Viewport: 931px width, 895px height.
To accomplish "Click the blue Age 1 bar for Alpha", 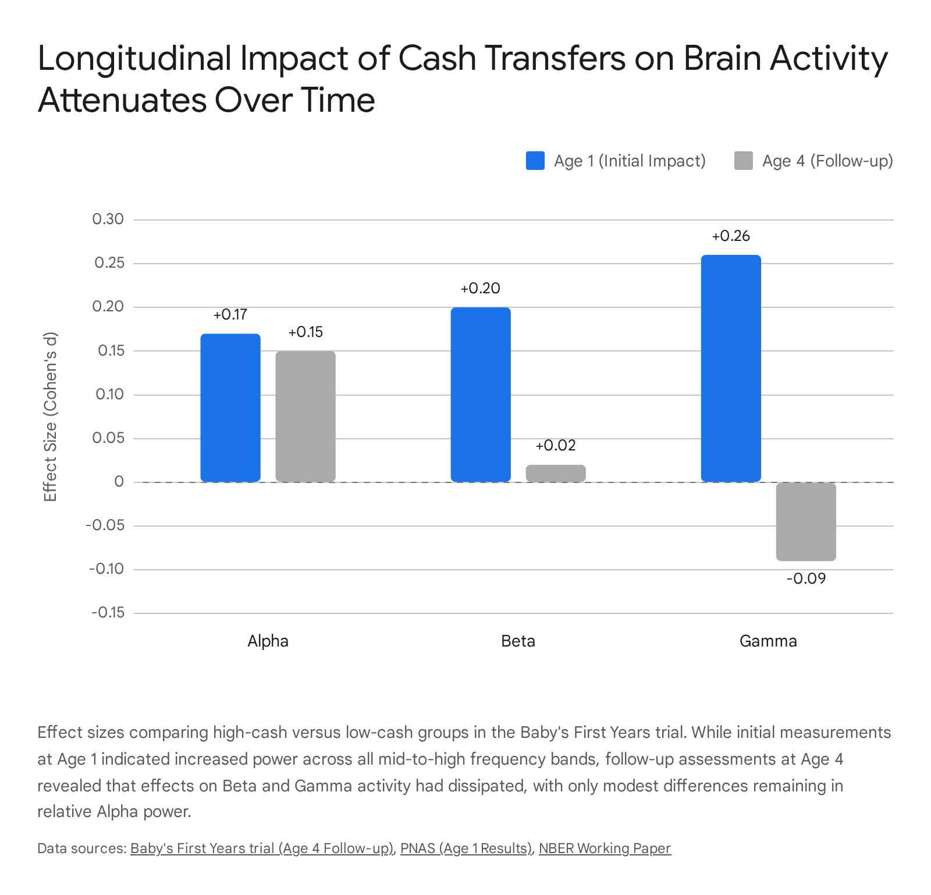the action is (230, 407).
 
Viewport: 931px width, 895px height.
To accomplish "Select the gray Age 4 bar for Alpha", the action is (305, 416).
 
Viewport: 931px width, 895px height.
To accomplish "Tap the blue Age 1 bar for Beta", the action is (481, 395).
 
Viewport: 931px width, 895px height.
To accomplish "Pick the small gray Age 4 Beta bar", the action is (556, 473).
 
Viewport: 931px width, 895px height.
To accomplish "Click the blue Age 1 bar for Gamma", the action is (731, 368).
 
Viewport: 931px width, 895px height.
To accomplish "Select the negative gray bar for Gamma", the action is (806, 521).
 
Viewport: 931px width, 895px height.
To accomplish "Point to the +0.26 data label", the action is (731, 236).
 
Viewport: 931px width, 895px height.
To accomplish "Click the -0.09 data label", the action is (806, 578).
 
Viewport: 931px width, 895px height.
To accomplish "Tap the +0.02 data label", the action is (556, 446).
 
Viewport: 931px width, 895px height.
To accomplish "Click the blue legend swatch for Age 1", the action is (535, 161).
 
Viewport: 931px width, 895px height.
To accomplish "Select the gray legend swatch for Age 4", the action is (744, 161).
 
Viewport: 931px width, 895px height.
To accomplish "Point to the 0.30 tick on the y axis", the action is (108, 219).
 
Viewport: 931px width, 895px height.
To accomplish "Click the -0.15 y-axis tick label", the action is (108, 613).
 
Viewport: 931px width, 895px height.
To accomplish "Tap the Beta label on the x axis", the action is (518, 641).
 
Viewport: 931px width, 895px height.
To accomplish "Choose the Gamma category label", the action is (768, 641).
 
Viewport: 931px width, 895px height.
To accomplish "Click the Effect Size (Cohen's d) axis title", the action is (51, 417).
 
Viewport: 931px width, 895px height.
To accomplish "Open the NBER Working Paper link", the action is (605, 848).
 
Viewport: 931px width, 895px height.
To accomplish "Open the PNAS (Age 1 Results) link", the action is (466, 848).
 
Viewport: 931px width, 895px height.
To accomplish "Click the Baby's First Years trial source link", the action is (262, 848).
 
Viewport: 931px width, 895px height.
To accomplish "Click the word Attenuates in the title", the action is (122, 100).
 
